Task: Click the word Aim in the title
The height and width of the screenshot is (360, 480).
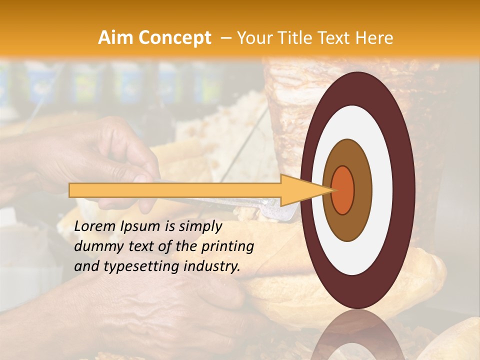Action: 115,38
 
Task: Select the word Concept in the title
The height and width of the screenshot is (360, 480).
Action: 174,38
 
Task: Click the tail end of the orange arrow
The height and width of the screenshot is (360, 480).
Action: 72,190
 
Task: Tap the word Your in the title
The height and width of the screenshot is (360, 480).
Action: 253,38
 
